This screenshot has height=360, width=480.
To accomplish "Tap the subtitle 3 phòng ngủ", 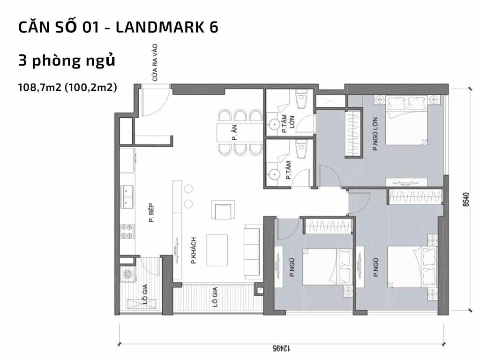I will pos(67,61).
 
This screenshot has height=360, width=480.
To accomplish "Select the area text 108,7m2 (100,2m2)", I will pos(67,87).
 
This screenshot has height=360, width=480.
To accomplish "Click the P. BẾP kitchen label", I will pos(151,212).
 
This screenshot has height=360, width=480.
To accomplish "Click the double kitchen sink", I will pos(127,196).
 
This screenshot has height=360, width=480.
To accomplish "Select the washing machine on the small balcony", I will pos(126,274).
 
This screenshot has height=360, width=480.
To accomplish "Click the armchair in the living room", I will pos(222,210).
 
